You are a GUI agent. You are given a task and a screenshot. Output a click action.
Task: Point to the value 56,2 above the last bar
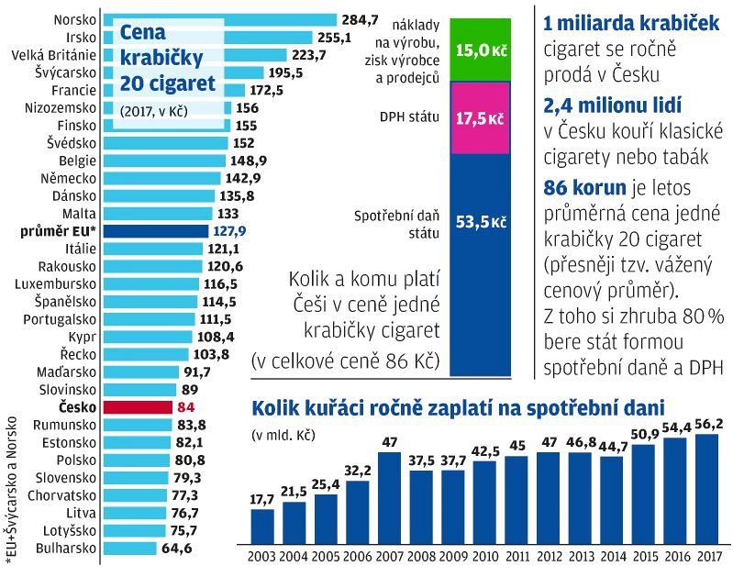pyautogui.click(x=705, y=424)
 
